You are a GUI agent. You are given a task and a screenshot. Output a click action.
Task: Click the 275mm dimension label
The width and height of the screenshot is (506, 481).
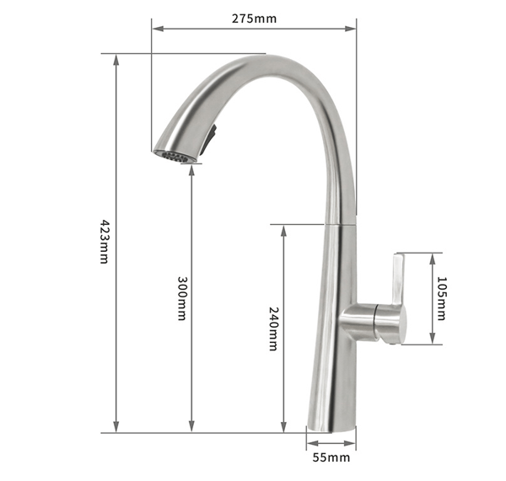[x=255, y=19]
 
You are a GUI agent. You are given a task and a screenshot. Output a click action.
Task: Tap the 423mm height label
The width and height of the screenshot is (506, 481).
[x=105, y=242]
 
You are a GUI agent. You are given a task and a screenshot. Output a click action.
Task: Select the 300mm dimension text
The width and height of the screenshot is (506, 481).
[x=181, y=298]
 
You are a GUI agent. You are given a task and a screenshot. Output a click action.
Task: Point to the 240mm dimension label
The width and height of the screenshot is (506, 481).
[x=273, y=329]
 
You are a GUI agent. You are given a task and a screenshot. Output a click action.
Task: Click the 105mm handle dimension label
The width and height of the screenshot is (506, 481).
[x=441, y=298]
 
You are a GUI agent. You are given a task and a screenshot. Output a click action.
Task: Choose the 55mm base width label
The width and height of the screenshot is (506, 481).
[x=331, y=457]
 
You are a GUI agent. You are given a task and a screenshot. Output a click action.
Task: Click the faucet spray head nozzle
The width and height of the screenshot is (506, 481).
[x=175, y=157]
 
